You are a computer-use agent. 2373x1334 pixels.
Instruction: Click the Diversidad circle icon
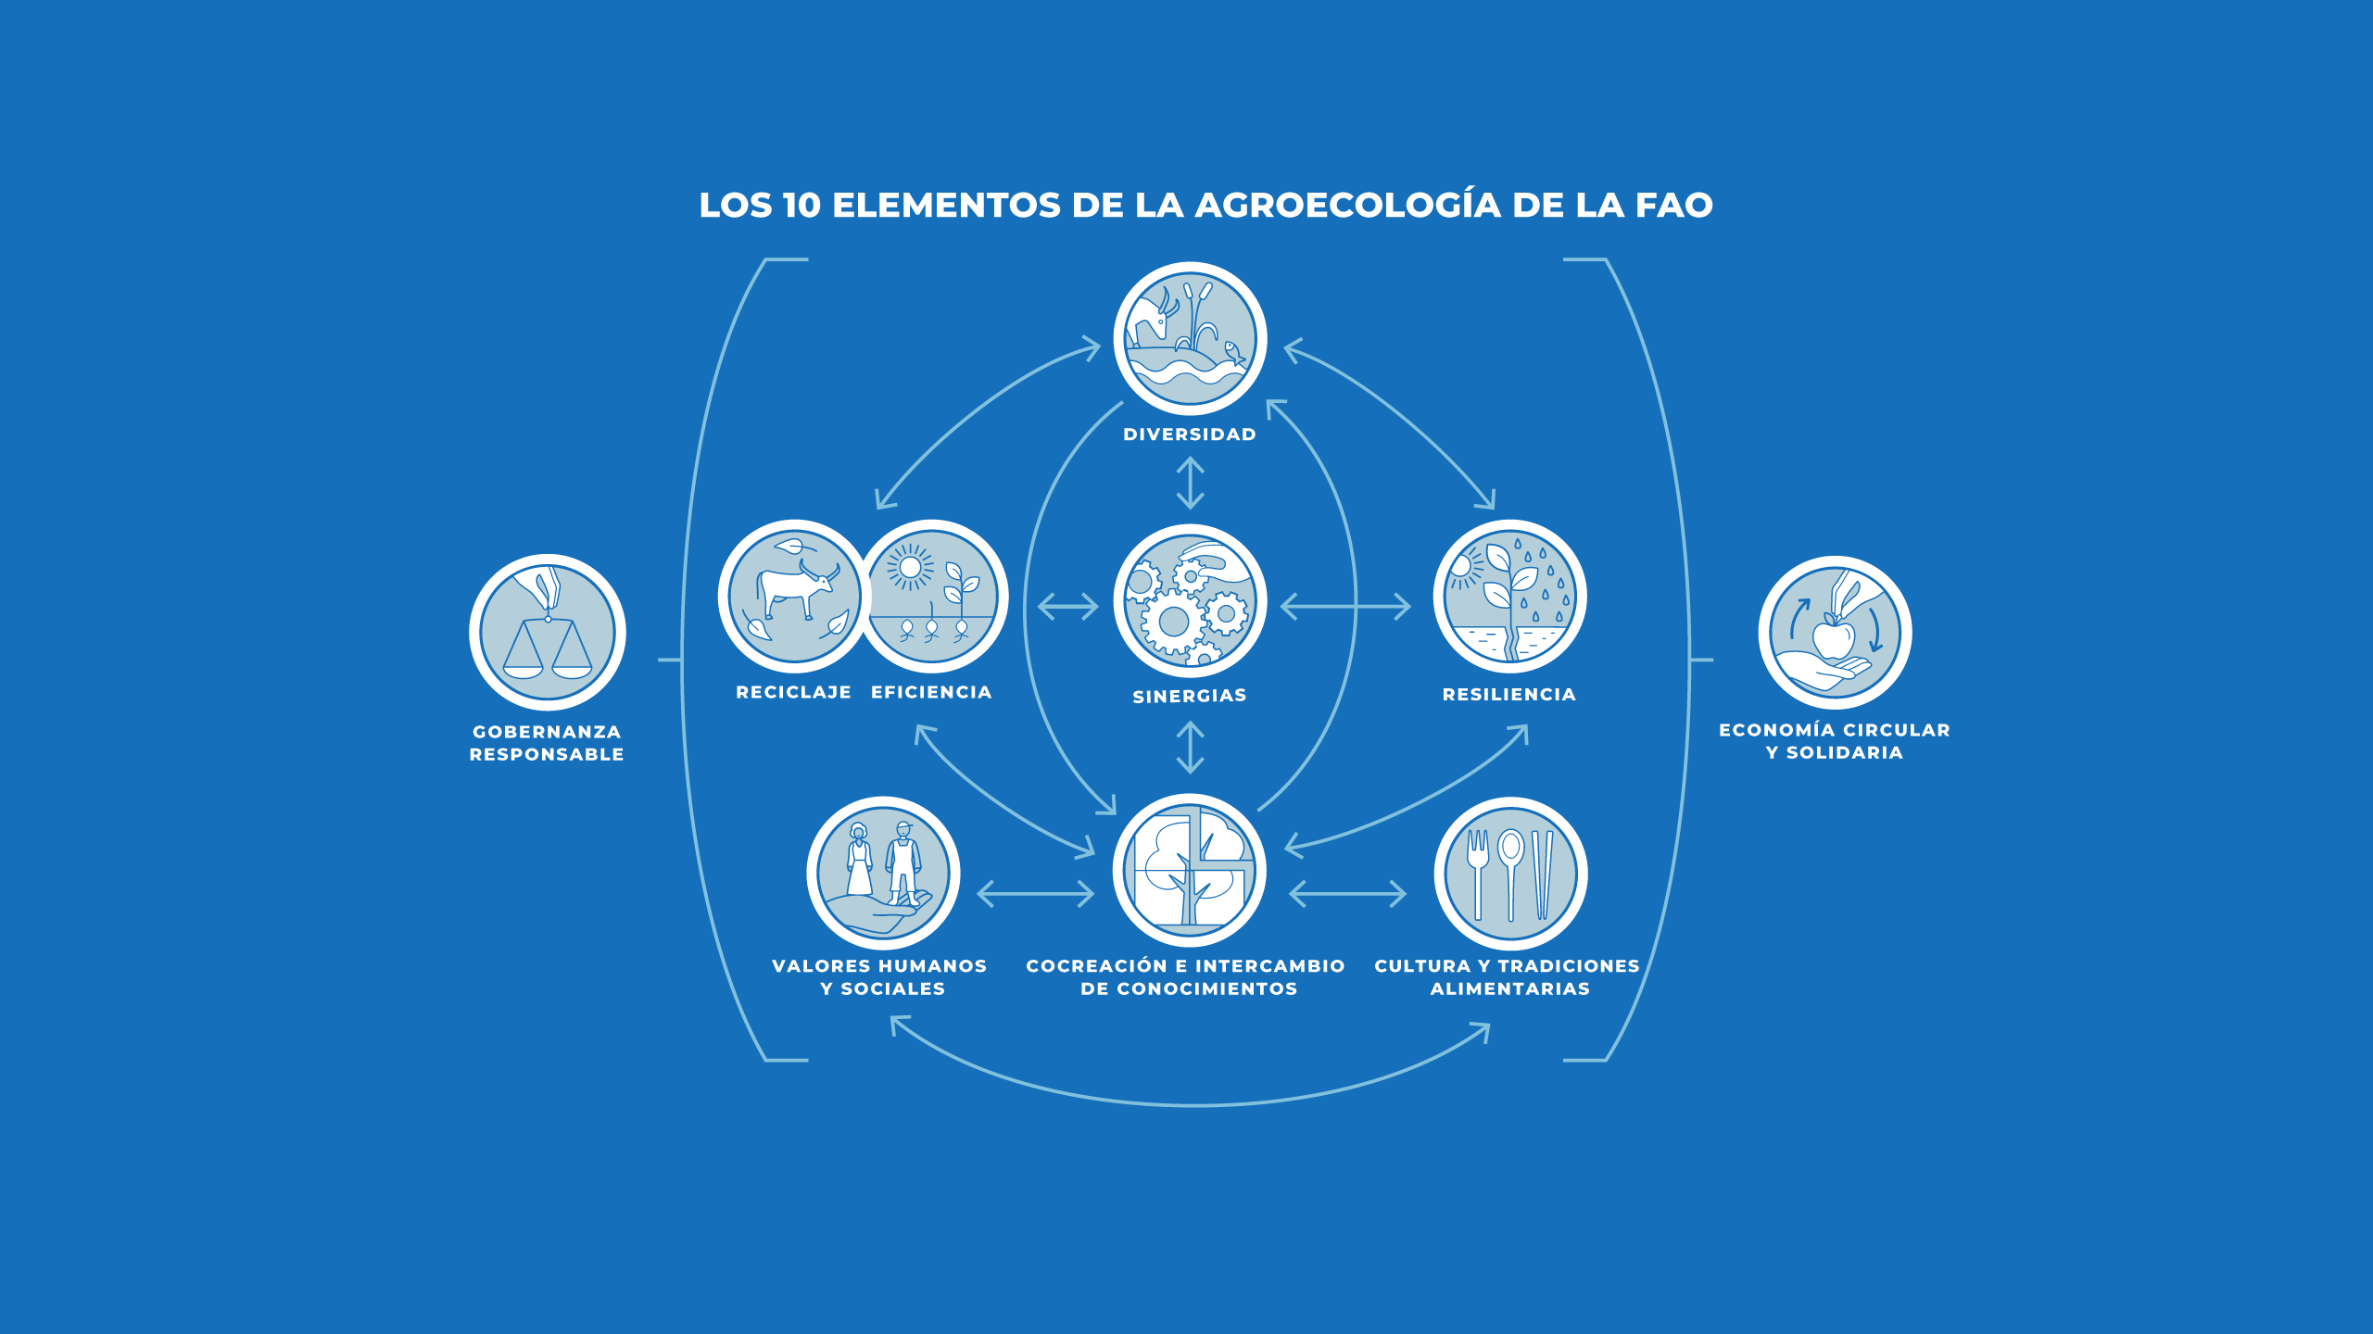tap(1190, 339)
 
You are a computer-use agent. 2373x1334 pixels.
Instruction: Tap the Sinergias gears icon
tap(1190, 601)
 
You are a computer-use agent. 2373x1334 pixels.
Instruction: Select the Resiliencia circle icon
tap(1509, 597)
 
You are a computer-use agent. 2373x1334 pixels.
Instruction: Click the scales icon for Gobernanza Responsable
tap(547, 633)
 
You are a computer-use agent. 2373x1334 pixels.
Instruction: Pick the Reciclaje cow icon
tap(793, 597)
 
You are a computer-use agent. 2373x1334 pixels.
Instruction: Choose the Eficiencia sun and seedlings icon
tap(932, 597)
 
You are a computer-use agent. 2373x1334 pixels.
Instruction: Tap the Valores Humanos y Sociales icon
tap(882, 874)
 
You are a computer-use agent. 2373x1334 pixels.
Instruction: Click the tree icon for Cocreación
tap(1190, 870)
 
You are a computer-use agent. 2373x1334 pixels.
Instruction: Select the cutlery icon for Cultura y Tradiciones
tap(1510, 874)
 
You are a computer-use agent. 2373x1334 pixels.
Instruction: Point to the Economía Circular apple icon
tap(1834, 633)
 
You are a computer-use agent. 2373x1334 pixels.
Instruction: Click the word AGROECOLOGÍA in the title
tap(1347, 205)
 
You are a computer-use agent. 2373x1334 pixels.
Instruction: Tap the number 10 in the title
tap(802, 206)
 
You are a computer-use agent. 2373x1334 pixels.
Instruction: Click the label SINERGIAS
tap(1190, 696)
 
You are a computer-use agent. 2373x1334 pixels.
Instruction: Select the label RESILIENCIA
tap(1508, 695)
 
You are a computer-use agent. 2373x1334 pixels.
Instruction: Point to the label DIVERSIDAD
tap(1190, 434)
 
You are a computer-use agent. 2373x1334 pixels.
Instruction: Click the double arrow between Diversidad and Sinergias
tap(1190, 483)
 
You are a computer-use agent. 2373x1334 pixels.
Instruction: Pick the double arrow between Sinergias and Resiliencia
tap(1345, 607)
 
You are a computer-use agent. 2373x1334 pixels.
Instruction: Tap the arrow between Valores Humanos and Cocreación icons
tap(1036, 894)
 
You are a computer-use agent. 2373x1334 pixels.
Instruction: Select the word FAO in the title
tap(1673, 206)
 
